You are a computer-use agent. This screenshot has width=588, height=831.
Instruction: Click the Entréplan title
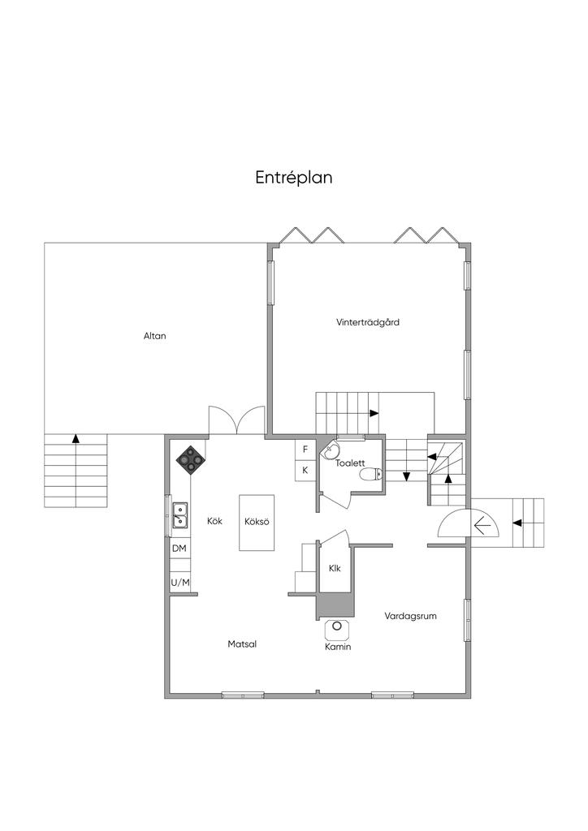coord(294,178)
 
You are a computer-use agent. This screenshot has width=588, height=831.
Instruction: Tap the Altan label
coord(155,335)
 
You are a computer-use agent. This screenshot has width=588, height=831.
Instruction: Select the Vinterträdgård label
coord(367,321)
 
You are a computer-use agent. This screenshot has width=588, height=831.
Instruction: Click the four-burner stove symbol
coord(190,459)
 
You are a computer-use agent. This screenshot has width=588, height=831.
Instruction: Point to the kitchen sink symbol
coord(179,515)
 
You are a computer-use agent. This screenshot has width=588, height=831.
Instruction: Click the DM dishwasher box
coord(179,549)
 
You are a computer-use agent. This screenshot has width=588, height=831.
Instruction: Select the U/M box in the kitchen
coord(180,583)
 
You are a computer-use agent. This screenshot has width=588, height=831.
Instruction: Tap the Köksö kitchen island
coord(257,523)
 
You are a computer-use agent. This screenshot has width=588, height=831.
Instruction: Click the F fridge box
coord(305,450)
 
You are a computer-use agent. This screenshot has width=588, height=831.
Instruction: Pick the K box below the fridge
coord(305,470)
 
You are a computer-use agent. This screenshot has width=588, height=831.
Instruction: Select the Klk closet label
coord(335,569)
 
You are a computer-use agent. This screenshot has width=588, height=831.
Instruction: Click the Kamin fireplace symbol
coord(337,627)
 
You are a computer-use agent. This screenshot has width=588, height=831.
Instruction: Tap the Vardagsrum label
coord(410,616)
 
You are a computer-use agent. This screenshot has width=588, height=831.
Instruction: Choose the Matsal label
coord(242,644)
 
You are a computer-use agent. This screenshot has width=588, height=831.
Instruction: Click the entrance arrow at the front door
coord(482,525)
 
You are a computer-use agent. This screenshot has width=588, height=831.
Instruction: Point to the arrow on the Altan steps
coord(76,438)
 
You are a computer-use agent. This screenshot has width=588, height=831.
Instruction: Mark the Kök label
coord(214,521)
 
